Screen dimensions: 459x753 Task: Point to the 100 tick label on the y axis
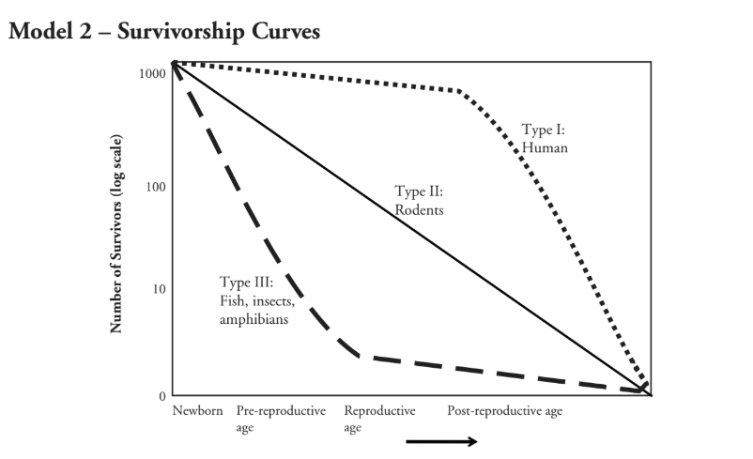(155, 186)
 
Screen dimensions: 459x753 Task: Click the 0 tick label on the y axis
(161, 396)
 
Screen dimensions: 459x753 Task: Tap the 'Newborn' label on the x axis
(197, 412)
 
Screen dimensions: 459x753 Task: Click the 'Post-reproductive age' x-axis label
(504, 412)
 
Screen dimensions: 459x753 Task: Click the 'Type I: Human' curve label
(545, 139)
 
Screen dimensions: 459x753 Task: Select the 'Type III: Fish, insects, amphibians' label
(254, 299)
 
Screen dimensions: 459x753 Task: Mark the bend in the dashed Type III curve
(353, 354)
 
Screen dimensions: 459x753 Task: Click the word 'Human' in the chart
(545, 147)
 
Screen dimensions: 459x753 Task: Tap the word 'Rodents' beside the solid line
(419, 209)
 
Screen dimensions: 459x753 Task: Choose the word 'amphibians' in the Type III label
(254, 318)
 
